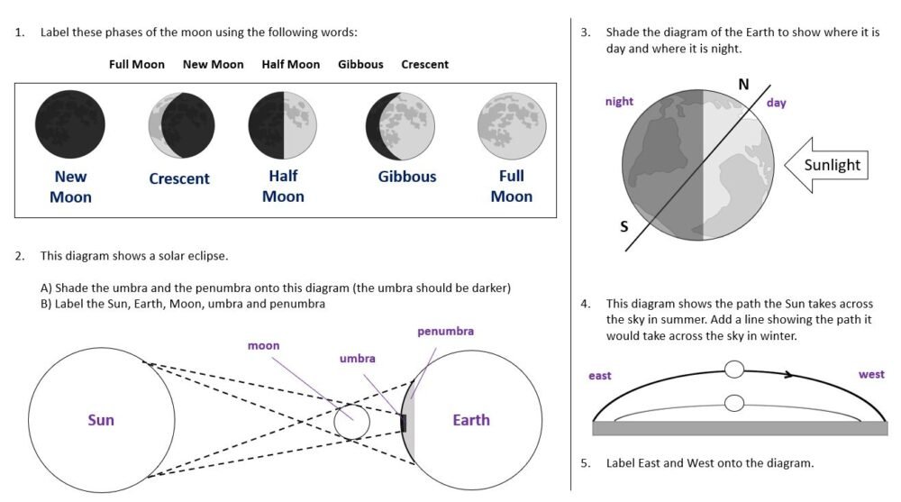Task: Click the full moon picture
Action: tap(512, 123)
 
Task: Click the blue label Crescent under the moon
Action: tap(179, 178)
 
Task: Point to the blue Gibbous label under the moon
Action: tap(407, 177)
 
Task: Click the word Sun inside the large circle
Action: tap(101, 420)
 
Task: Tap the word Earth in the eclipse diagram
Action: tap(471, 420)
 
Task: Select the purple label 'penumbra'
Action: tap(445, 332)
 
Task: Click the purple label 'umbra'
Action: tap(357, 359)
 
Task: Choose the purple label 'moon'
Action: tap(263, 345)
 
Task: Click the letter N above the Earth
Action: tap(743, 85)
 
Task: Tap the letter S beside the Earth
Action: tap(623, 226)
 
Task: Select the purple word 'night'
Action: tap(619, 102)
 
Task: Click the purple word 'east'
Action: tap(599, 375)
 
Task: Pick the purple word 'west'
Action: tap(871, 374)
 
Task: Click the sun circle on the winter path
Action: tap(734, 403)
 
